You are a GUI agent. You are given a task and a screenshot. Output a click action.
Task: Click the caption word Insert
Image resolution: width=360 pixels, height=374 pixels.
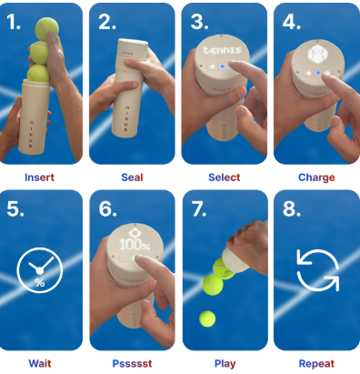pyautogui.click(x=39, y=177)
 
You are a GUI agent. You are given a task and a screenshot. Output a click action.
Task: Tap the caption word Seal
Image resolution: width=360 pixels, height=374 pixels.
pyautogui.click(x=132, y=177)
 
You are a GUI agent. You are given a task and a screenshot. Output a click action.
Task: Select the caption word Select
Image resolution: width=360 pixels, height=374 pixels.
pyautogui.click(x=225, y=177)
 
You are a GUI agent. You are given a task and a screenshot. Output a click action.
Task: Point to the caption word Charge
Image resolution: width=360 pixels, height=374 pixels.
pyautogui.click(x=316, y=177)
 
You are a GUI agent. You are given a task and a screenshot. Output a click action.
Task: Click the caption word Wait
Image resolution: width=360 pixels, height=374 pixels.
pyautogui.click(x=40, y=363)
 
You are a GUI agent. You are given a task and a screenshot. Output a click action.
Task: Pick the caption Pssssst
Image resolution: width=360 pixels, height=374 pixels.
pyautogui.click(x=132, y=363)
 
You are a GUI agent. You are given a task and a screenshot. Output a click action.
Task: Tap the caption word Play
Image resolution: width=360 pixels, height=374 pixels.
pyautogui.click(x=225, y=364)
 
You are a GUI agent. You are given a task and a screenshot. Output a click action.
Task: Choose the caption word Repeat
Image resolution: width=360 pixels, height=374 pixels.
pyautogui.click(x=316, y=364)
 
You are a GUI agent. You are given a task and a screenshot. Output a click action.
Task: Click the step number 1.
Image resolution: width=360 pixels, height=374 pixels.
pyautogui.click(x=14, y=22)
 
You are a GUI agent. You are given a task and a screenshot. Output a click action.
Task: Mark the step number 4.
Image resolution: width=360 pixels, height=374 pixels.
pyautogui.click(x=291, y=22)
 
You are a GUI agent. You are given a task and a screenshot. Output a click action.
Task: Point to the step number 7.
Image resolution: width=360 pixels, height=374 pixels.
pyautogui.click(x=199, y=208)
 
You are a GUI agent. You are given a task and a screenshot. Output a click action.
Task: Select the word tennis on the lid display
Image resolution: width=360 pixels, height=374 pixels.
pyautogui.click(x=222, y=50)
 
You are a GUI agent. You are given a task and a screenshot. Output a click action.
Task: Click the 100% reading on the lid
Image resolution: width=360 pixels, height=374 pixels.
pyautogui.click(x=135, y=245)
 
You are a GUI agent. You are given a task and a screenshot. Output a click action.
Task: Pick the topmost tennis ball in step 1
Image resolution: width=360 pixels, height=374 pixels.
pyautogui.click(x=46, y=29)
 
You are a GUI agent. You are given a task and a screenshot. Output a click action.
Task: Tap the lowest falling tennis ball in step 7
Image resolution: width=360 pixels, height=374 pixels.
pyautogui.click(x=207, y=318)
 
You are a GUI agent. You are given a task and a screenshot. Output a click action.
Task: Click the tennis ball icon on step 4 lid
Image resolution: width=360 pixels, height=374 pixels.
pyautogui.click(x=318, y=55)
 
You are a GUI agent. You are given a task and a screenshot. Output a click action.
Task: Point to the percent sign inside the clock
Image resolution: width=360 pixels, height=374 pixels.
pyautogui.click(x=40, y=283)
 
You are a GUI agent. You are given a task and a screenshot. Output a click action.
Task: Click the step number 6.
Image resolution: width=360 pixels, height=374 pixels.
pyautogui.click(x=107, y=208)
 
